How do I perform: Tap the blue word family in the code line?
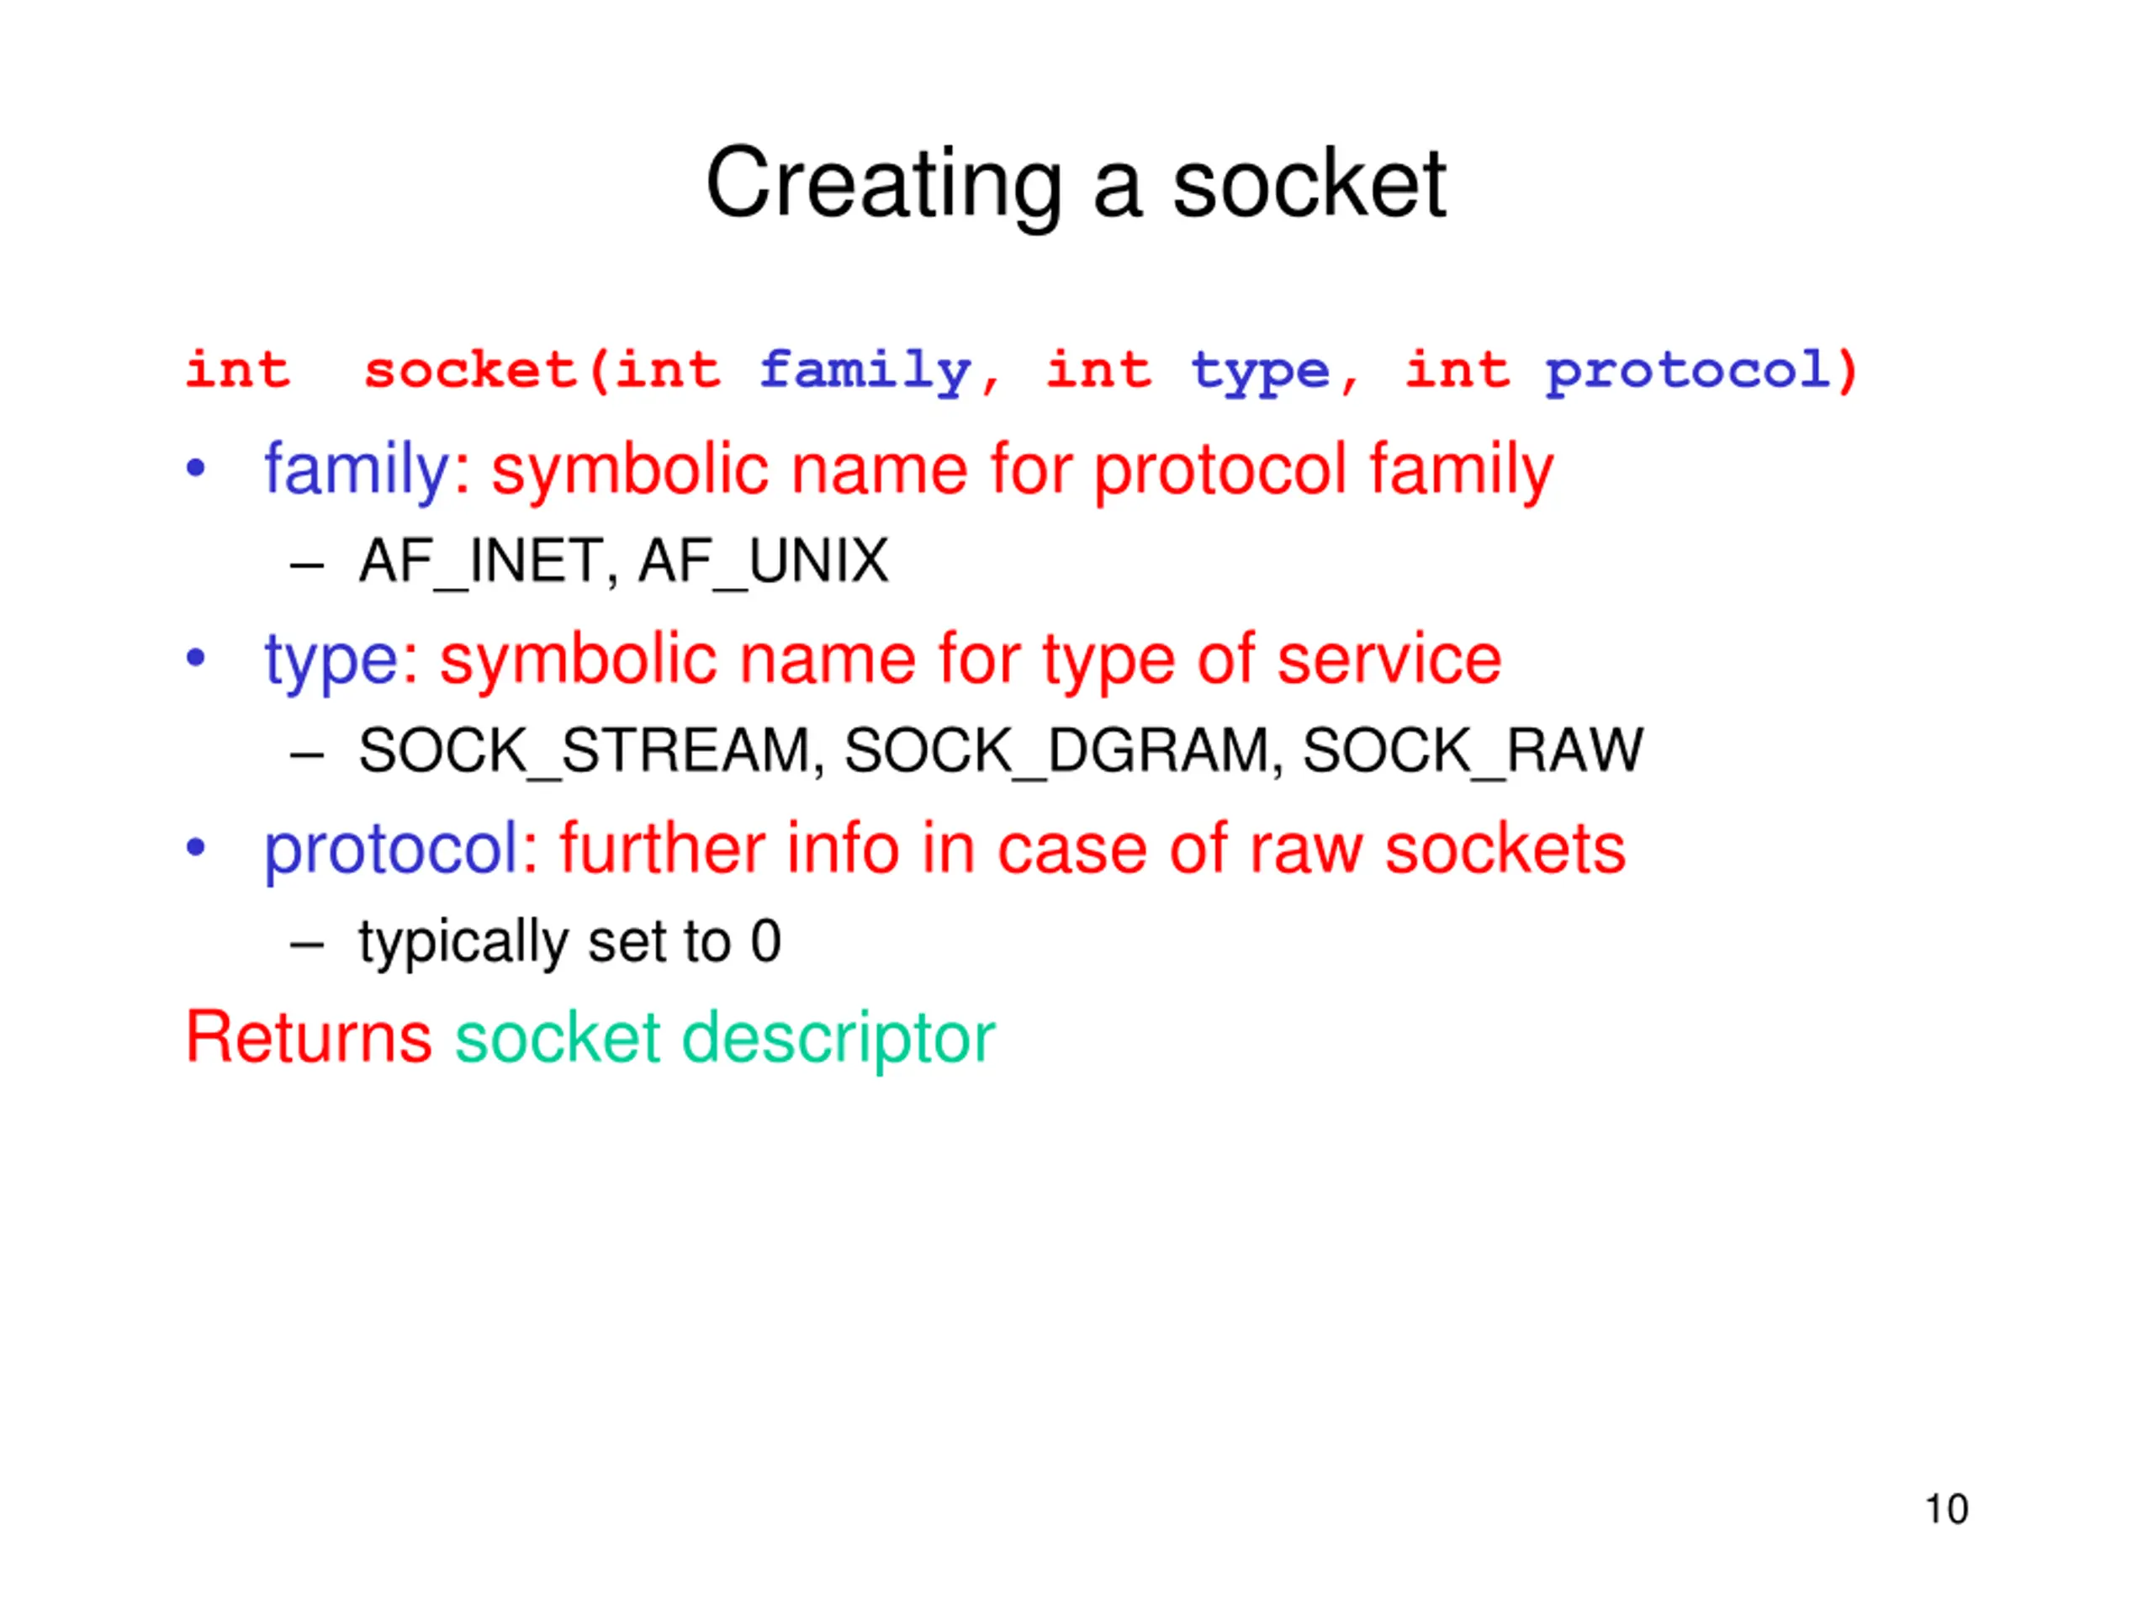tap(865, 372)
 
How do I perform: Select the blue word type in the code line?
tap(1260, 372)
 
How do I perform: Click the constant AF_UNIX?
tap(763, 562)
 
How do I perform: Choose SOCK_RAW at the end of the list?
tap(1472, 751)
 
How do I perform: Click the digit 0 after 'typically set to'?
tap(766, 941)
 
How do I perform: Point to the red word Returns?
tap(309, 1038)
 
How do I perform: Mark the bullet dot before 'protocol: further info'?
tap(196, 848)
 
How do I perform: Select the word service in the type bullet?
tap(1389, 660)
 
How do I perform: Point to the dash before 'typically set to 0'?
tap(307, 943)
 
